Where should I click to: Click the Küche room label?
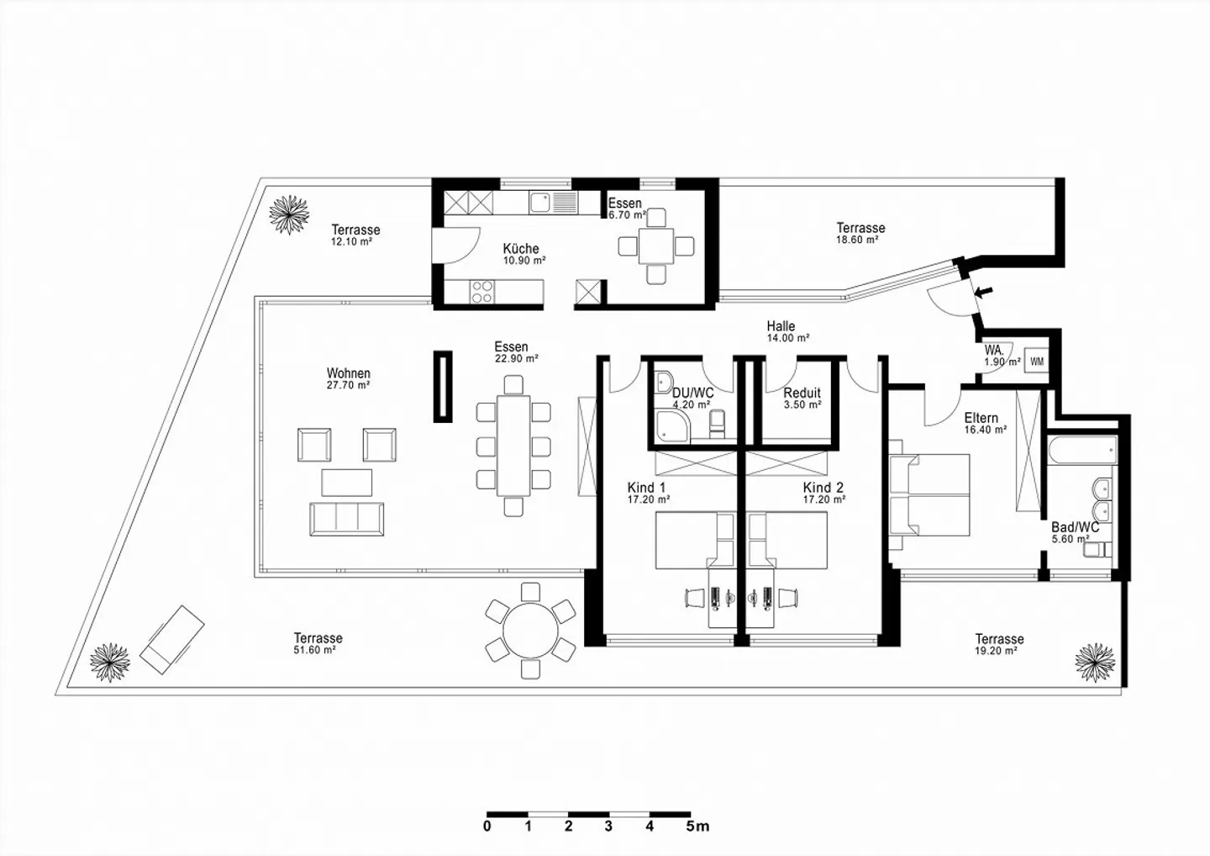(521, 249)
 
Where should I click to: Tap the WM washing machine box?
(1037, 362)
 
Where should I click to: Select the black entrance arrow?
(983, 292)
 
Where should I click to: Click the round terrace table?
(530, 628)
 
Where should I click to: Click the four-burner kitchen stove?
(481, 291)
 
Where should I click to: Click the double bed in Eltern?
(931, 496)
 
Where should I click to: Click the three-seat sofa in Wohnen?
(346, 518)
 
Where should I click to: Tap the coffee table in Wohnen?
(346, 482)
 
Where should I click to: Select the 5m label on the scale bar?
(697, 827)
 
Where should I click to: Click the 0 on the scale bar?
(487, 827)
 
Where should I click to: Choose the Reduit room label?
(802, 393)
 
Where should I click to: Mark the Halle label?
(781, 326)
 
